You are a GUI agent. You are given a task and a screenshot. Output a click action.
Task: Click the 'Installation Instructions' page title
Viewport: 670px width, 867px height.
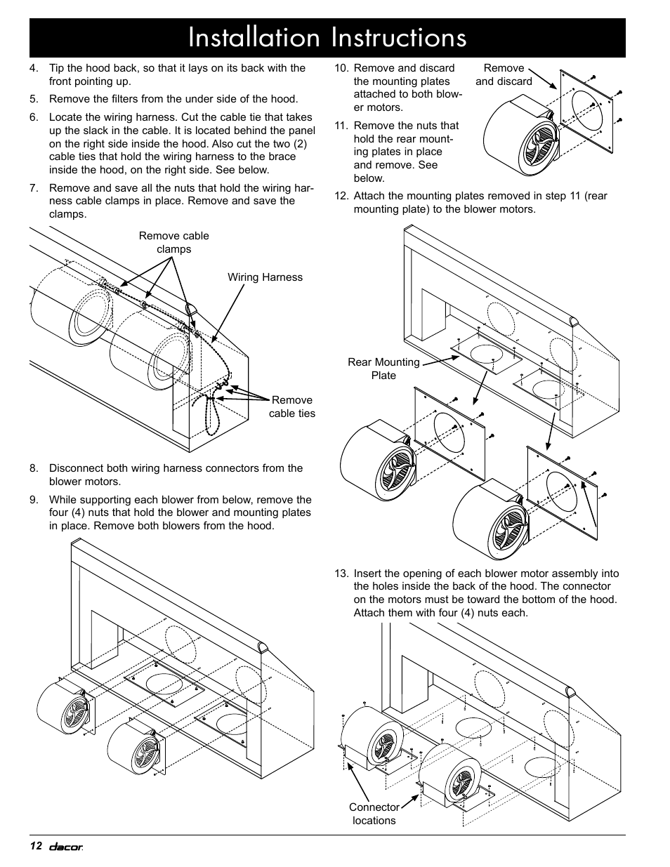click(x=327, y=38)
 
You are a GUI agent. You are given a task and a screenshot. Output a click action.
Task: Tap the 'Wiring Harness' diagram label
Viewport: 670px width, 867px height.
click(x=265, y=277)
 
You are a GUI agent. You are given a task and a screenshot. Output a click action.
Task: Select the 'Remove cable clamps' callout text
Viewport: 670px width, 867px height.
click(x=173, y=243)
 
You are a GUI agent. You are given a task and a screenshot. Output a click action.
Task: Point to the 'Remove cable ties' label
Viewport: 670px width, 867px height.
click(x=292, y=407)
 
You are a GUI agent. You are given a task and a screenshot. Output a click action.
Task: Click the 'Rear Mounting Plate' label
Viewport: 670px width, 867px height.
click(x=383, y=369)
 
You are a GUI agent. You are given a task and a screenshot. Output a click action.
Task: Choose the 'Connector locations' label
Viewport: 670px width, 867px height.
click(x=374, y=814)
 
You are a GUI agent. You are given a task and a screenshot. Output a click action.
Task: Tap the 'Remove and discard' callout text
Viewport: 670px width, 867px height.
click(x=504, y=74)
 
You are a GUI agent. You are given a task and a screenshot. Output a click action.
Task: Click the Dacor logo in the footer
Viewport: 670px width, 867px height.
click(x=65, y=847)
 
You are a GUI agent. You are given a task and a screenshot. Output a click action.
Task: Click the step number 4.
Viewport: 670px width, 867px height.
click(x=34, y=69)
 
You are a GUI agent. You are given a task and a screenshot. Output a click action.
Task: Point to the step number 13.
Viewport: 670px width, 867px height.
click(x=341, y=574)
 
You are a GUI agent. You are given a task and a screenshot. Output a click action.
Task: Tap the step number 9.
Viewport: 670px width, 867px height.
click(x=34, y=500)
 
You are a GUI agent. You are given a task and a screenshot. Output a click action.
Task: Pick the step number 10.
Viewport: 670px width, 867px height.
click(x=341, y=69)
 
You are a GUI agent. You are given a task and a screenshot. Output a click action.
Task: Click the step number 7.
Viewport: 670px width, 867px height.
click(x=34, y=188)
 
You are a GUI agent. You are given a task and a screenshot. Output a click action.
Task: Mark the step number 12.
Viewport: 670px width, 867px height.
click(x=341, y=196)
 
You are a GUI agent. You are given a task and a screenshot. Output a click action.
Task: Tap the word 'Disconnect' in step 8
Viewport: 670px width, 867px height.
click(x=77, y=468)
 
